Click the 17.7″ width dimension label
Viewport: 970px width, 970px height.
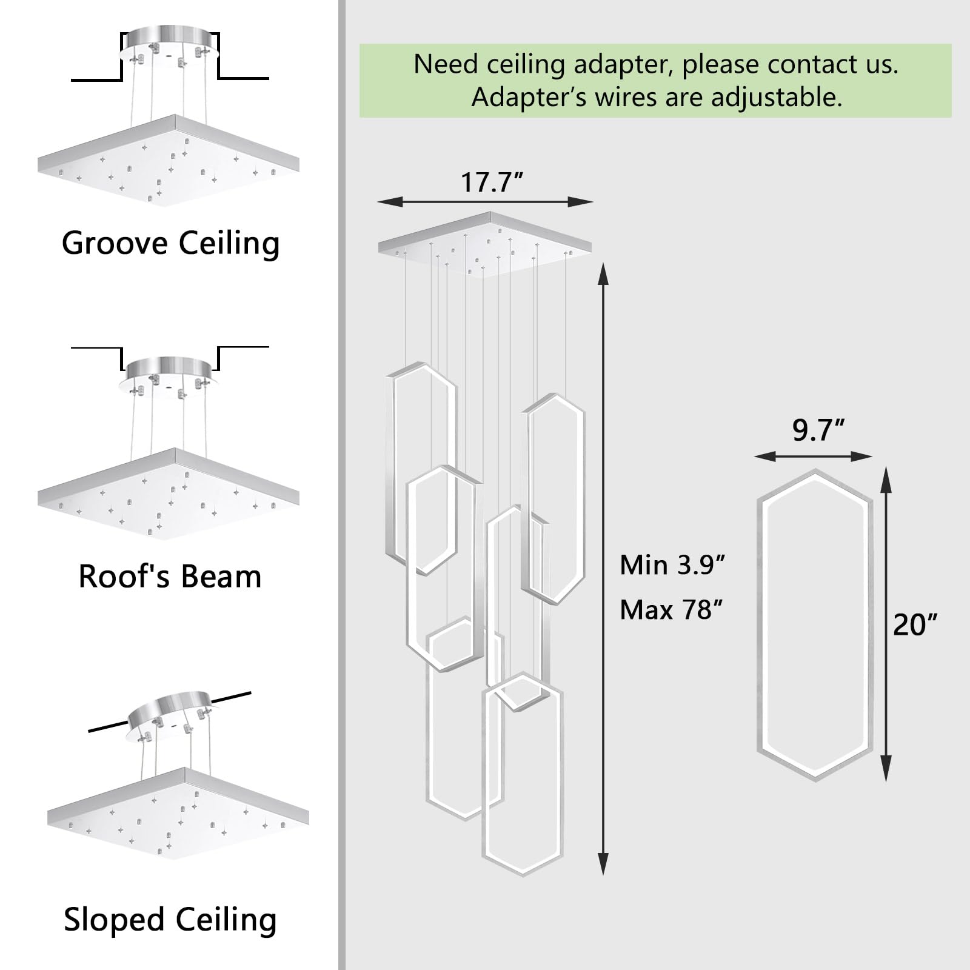tap(492, 182)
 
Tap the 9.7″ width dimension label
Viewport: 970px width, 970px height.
tap(818, 430)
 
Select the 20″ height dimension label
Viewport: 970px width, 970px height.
tap(915, 624)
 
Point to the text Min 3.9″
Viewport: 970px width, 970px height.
tap(672, 565)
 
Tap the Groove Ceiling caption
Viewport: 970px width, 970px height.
tap(170, 243)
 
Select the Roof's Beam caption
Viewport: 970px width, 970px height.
tap(170, 577)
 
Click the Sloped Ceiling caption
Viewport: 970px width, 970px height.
tap(170, 920)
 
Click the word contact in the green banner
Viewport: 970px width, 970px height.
tap(782, 64)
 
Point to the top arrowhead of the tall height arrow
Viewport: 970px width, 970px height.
tap(603, 274)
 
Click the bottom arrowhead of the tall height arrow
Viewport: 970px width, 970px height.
tap(603, 863)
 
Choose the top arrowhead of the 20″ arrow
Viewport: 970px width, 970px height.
tap(886, 479)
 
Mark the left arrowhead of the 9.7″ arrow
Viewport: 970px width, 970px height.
tap(766, 456)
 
